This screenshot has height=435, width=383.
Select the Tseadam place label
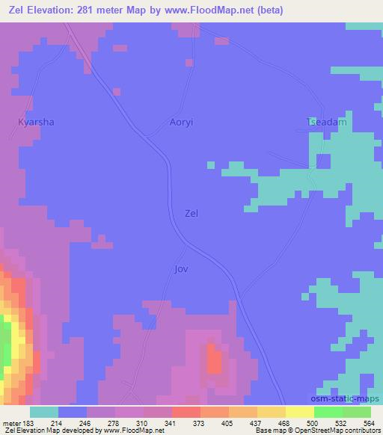click(327, 121)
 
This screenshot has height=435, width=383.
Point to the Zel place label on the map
click(191, 213)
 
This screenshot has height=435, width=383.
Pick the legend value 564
click(370, 423)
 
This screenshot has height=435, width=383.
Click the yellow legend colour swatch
click(299, 412)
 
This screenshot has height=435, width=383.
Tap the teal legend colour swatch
click(43, 412)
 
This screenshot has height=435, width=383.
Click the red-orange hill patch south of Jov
click(214, 360)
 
